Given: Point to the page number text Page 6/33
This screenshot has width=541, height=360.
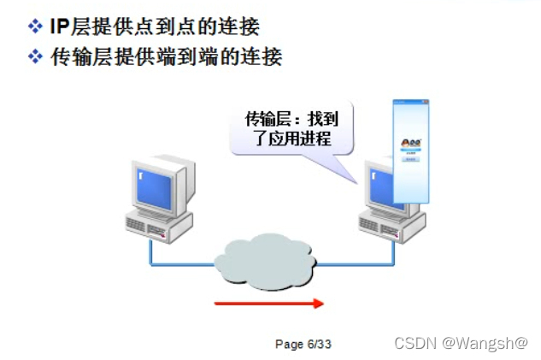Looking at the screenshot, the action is point(303,344).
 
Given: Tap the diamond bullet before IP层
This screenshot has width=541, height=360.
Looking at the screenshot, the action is point(35,27).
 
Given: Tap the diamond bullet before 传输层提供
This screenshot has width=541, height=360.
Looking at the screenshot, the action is point(35,57).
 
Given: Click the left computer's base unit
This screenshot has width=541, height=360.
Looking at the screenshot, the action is point(153,225).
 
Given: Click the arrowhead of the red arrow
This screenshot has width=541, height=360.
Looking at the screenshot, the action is point(318,303).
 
